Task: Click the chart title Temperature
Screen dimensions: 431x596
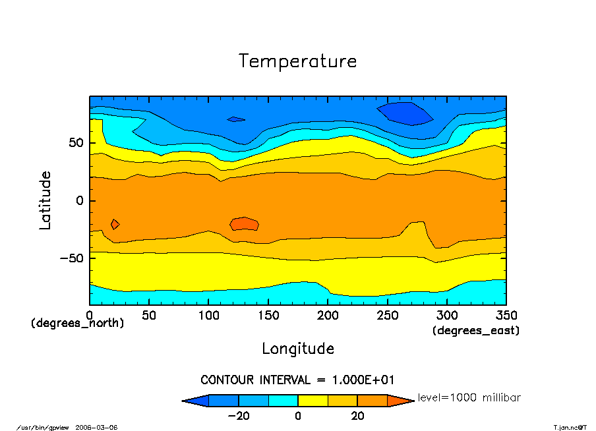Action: click(298, 61)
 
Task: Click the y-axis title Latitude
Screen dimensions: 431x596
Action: click(45, 200)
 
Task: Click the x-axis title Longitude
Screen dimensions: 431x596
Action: click(298, 349)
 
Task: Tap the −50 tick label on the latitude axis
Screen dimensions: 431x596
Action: click(69, 258)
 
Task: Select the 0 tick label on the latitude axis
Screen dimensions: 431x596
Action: click(79, 200)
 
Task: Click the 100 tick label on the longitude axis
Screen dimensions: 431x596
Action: click(208, 315)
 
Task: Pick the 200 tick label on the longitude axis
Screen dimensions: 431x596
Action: click(328, 315)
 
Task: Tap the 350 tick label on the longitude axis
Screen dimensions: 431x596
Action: click(506, 315)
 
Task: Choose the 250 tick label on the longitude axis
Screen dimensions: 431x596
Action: click(387, 315)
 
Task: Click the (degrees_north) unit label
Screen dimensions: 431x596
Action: click(77, 324)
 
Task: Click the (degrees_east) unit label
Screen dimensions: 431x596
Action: click(476, 331)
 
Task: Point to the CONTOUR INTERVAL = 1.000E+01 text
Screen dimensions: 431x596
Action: click(297, 380)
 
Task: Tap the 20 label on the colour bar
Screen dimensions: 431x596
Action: click(357, 416)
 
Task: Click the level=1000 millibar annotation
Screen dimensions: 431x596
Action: click(469, 398)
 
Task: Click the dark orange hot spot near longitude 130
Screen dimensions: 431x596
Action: click(245, 223)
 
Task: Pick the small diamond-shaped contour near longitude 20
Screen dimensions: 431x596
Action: click(115, 224)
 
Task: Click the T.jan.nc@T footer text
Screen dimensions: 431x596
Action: click(570, 427)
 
